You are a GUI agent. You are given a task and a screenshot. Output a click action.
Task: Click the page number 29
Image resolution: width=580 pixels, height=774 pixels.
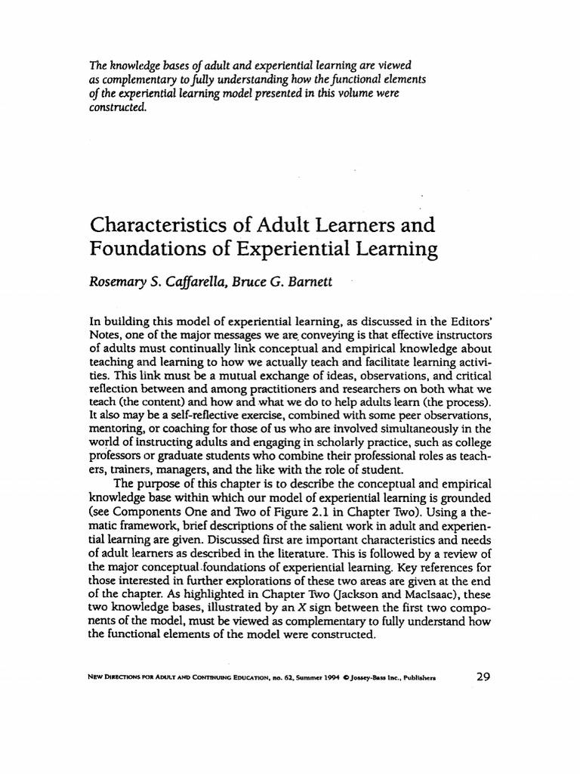click(483, 676)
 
